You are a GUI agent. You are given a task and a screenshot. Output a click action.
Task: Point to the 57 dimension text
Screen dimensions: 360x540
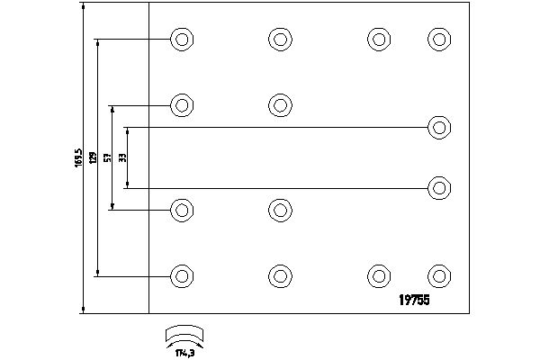(x=108, y=158)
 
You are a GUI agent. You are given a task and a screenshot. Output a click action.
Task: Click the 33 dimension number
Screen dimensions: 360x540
(x=122, y=157)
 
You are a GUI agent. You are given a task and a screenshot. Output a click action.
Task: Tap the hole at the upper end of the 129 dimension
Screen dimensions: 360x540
(x=182, y=39)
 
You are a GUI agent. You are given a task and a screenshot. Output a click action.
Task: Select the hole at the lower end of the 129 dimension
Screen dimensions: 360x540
(x=182, y=275)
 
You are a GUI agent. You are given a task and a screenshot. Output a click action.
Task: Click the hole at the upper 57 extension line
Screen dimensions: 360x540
(x=182, y=104)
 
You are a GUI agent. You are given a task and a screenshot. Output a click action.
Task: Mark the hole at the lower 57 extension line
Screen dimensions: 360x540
(x=182, y=211)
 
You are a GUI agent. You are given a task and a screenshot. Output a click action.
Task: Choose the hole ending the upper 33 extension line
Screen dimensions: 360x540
(x=438, y=126)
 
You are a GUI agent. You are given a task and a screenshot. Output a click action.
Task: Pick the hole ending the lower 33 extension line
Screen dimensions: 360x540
(x=438, y=188)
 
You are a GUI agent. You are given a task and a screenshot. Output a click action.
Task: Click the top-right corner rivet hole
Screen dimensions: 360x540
(x=438, y=39)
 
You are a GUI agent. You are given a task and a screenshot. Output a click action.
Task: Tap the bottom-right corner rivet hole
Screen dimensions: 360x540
(x=438, y=275)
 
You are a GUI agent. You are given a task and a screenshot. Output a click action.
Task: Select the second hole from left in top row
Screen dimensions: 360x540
(x=279, y=39)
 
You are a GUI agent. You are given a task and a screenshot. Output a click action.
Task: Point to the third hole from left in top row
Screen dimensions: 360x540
(x=378, y=39)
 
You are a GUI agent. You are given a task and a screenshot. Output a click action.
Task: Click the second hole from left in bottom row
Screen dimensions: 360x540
(x=279, y=275)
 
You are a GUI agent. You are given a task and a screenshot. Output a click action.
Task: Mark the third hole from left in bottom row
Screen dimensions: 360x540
(x=378, y=275)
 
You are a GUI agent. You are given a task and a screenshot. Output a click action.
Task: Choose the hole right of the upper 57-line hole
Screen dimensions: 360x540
(x=279, y=104)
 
